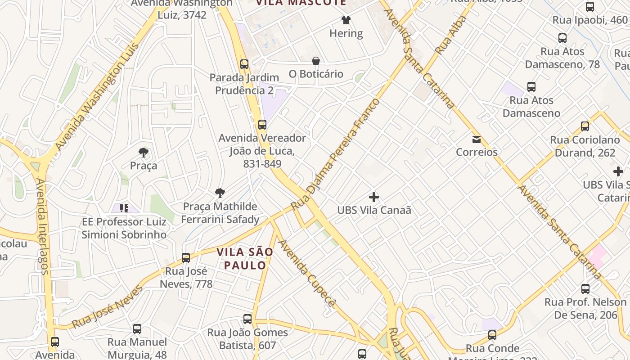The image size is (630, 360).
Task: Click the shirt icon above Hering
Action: pyautogui.click(x=346, y=20)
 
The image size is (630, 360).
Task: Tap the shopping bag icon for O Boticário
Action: pyautogui.click(x=316, y=61)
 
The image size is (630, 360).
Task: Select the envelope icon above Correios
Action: pyautogui.click(x=477, y=139)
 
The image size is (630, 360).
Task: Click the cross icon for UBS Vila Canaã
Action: pyautogui.click(x=374, y=197)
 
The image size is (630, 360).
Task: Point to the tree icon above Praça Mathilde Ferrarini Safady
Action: pyautogui.click(x=220, y=193)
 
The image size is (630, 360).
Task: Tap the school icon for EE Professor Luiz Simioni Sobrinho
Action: pyautogui.click(x=124, y=208)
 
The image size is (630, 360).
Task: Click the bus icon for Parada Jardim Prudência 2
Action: pyautogui.click(x=244, y=64)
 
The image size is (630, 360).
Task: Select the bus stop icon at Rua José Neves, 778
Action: pyautogui.click(x=186, y=258)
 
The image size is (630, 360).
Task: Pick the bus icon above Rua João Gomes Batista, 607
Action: pyautogui.click(x=247, y=319)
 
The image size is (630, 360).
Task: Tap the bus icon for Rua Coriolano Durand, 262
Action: pyautogui.click(x=585, y=126)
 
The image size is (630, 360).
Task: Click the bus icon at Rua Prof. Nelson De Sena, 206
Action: pyautogui.click(x=585, y=288)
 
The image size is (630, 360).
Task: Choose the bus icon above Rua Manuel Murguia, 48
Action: pyautogui.click(x=137, y=329)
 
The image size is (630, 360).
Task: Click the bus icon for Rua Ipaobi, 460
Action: pyautogui.click(x=590, y=7)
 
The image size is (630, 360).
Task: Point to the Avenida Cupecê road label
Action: pyautogui.click(x=307, y=273)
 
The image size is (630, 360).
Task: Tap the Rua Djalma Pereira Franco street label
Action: pyautogui.click(x=335, y=155)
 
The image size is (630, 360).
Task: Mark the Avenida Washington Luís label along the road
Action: pyautogui.click(x=96, y=97)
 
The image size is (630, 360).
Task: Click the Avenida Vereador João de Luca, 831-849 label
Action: pyautogui.click(x=262, y=151)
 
